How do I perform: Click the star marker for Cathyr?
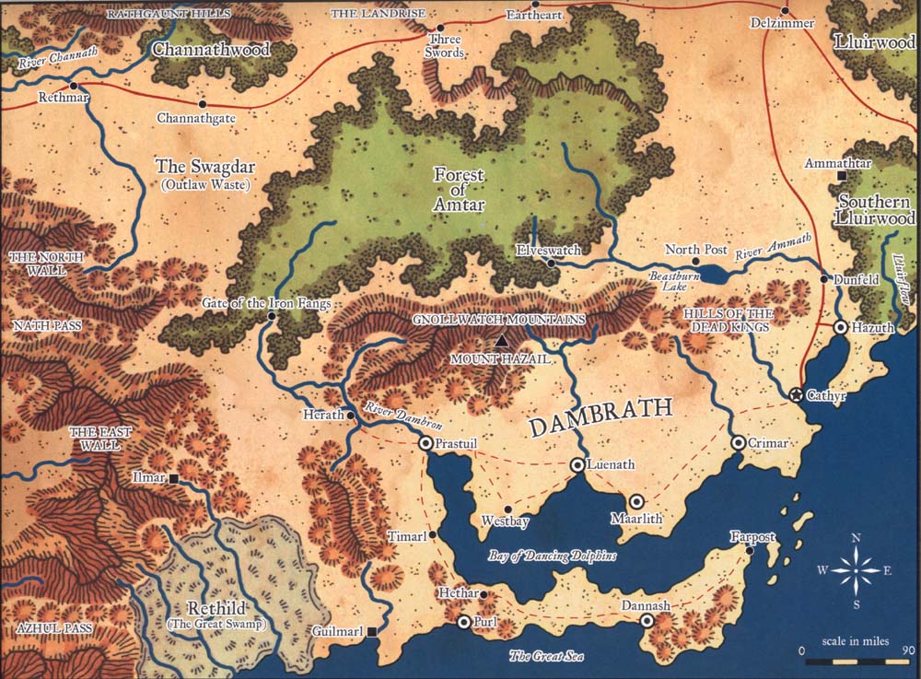[797, 394]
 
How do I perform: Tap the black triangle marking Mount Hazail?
[501, 341]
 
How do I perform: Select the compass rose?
[856, 570]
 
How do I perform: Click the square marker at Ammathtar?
[841, 175]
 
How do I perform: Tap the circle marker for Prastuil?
[426, 444]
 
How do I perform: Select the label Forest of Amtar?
[459, 190]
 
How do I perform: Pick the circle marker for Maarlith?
[636, 501]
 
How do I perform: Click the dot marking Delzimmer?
[785, 11]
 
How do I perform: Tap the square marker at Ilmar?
[173, 478]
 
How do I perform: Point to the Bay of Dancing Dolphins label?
[553, 556]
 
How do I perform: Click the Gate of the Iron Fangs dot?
[271, 317]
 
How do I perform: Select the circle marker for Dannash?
[647, 622]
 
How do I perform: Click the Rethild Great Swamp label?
[215, 615]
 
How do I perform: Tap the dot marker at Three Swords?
[440, 28]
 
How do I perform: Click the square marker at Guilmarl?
[371, 632]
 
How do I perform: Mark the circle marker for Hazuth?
[841, 328]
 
